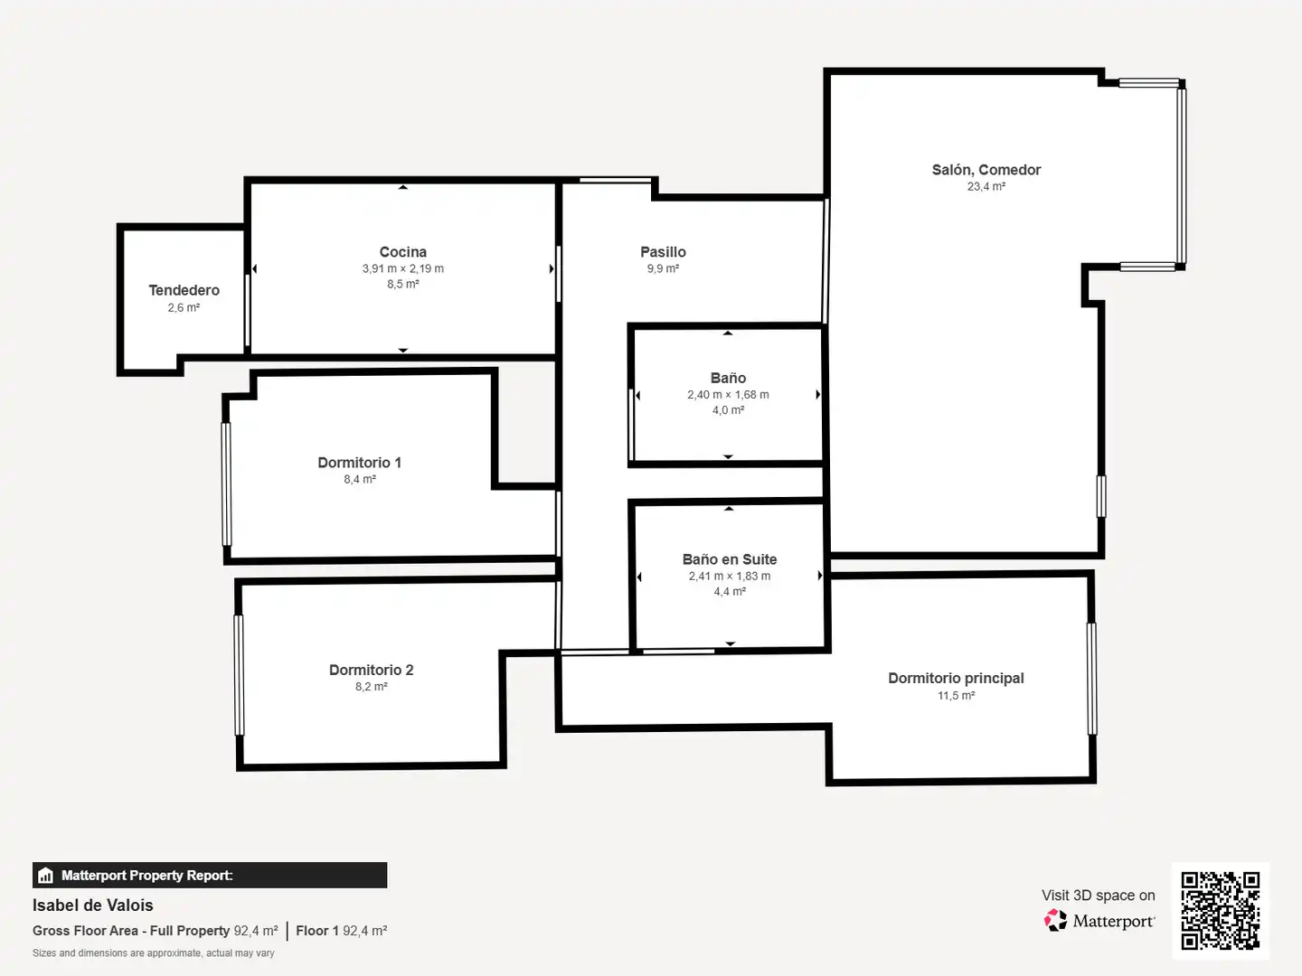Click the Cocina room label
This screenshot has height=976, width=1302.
[x=402, y=252]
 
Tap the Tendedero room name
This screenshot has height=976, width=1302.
[x=184, y=290]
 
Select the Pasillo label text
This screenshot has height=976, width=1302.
[x=663, y=252]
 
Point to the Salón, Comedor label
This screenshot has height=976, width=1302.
[x=986, y=170]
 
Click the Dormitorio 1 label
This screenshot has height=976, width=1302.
[x=360, y=463]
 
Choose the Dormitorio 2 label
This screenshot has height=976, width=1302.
[x=372, y=671]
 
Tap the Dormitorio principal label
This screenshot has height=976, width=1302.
[x=956, y=679]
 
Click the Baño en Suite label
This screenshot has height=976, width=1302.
[x=730, y=559]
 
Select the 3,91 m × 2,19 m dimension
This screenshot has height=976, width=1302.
[x=402, y=268]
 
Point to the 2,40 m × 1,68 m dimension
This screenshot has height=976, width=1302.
[x=728, y=395]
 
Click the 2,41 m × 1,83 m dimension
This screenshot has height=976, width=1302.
[x=730, y=576]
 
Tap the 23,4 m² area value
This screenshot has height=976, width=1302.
[x=986, y=187]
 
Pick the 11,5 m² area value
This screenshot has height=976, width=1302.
[x=956, y=696]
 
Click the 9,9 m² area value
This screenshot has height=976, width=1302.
[x=663, y=268]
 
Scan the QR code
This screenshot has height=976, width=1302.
[x=1220, y=911]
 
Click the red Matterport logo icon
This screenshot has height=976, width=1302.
[x=1055, y=920]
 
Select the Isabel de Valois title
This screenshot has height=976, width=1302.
[x=92, y=906]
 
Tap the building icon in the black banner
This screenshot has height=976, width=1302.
[x=45, y=876]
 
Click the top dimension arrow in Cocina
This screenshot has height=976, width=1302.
[x=402, y=187]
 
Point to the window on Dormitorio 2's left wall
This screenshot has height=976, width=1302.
[x=239, y=676]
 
